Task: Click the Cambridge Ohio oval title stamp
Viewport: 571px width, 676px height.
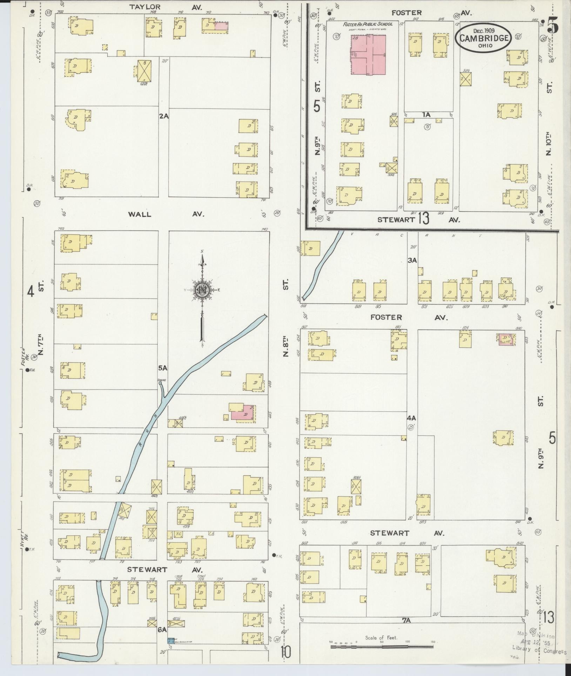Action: coord(484,38)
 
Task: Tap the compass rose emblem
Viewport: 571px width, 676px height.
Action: coord(202,290)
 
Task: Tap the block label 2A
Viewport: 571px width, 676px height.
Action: coord(163,116)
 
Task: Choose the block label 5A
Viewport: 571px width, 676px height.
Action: coord(163,368)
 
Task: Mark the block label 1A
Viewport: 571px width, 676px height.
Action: coord(426,115)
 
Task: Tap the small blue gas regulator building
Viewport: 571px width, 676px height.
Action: coord(170,640)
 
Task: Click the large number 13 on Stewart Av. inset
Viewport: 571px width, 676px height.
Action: coord(423,219)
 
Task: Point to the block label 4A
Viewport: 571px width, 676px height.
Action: coord(411,418)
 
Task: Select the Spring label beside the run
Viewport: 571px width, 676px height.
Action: coord(162,380)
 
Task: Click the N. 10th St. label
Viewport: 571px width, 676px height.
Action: coord(549,144)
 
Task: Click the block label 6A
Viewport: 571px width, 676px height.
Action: coord(162,630)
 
